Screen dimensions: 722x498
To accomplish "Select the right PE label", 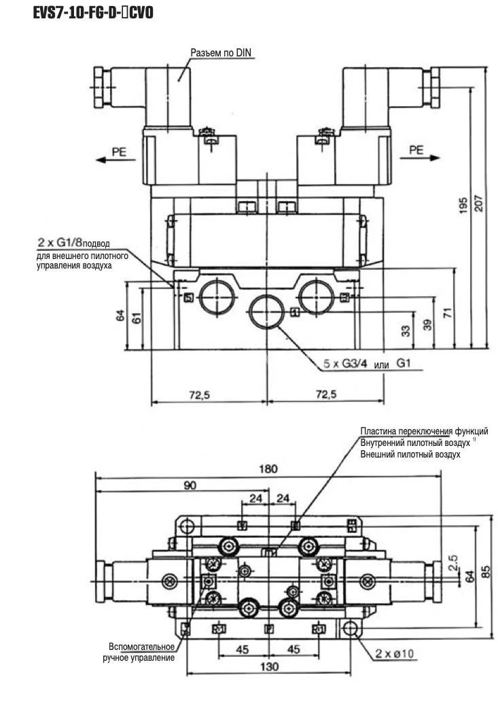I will pos(416,151).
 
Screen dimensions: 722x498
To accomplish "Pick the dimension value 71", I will pos(447,312).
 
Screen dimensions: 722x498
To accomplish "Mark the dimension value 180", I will pos(269,468).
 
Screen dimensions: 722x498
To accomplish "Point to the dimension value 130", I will pos(270,667).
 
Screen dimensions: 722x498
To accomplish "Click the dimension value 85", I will pos(486,572).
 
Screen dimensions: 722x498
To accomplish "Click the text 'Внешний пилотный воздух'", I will pos(410,453).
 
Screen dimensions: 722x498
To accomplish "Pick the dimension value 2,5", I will pos(454,562).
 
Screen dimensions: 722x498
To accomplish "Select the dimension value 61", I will pos(137,316).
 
